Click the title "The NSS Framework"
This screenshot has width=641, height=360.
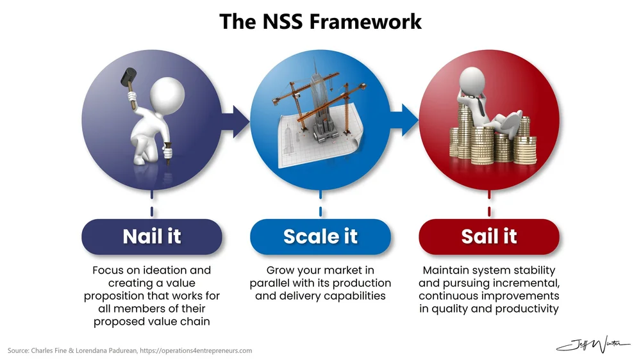coord(320,21)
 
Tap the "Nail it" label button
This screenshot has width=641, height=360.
coord(152,236)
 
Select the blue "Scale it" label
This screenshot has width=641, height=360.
coord(320,236)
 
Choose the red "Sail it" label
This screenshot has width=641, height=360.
coord(489,236)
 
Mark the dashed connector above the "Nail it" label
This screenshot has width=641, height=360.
coord(152,206)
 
